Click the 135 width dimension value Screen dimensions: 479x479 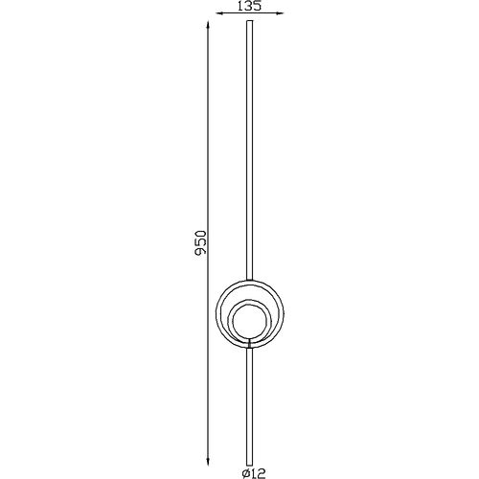point(250,6)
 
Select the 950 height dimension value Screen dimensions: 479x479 point(201,242)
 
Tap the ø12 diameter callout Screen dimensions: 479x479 point(254,473)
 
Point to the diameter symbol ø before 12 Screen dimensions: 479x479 point(246,473)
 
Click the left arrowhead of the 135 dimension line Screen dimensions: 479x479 point(219,13)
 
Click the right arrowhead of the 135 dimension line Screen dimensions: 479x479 point(281,13)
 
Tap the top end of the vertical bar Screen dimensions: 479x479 point(250,21)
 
